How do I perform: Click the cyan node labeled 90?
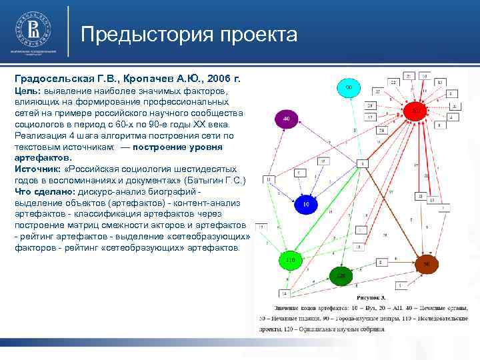348,87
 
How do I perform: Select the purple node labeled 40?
286,119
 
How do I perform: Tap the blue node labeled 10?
306,203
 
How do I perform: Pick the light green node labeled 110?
290,259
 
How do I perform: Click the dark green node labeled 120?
341,275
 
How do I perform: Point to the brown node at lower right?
427,265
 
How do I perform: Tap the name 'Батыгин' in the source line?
203,181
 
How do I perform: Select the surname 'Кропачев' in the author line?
143,78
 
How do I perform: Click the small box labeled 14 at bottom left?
284,293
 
